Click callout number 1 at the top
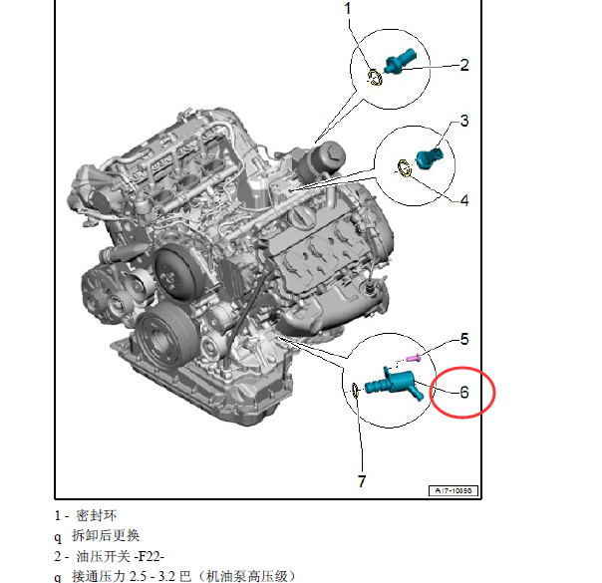point(348,8)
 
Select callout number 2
point(464,65)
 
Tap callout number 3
point(464,121)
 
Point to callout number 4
point(464,200)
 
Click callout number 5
point(464,339)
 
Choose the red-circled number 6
point(464,392)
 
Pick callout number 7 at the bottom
point(362,481)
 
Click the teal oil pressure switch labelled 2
point(401,62)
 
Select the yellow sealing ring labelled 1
point(375,78)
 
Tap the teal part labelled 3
point(430,157)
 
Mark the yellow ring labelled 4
point(404,168)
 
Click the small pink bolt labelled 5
point(413,359)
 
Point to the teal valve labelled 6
point(396,383)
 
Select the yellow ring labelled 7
point(355,390)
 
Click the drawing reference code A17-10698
point(453,490)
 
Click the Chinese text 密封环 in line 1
point(96,515)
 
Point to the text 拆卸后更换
point(106,535)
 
